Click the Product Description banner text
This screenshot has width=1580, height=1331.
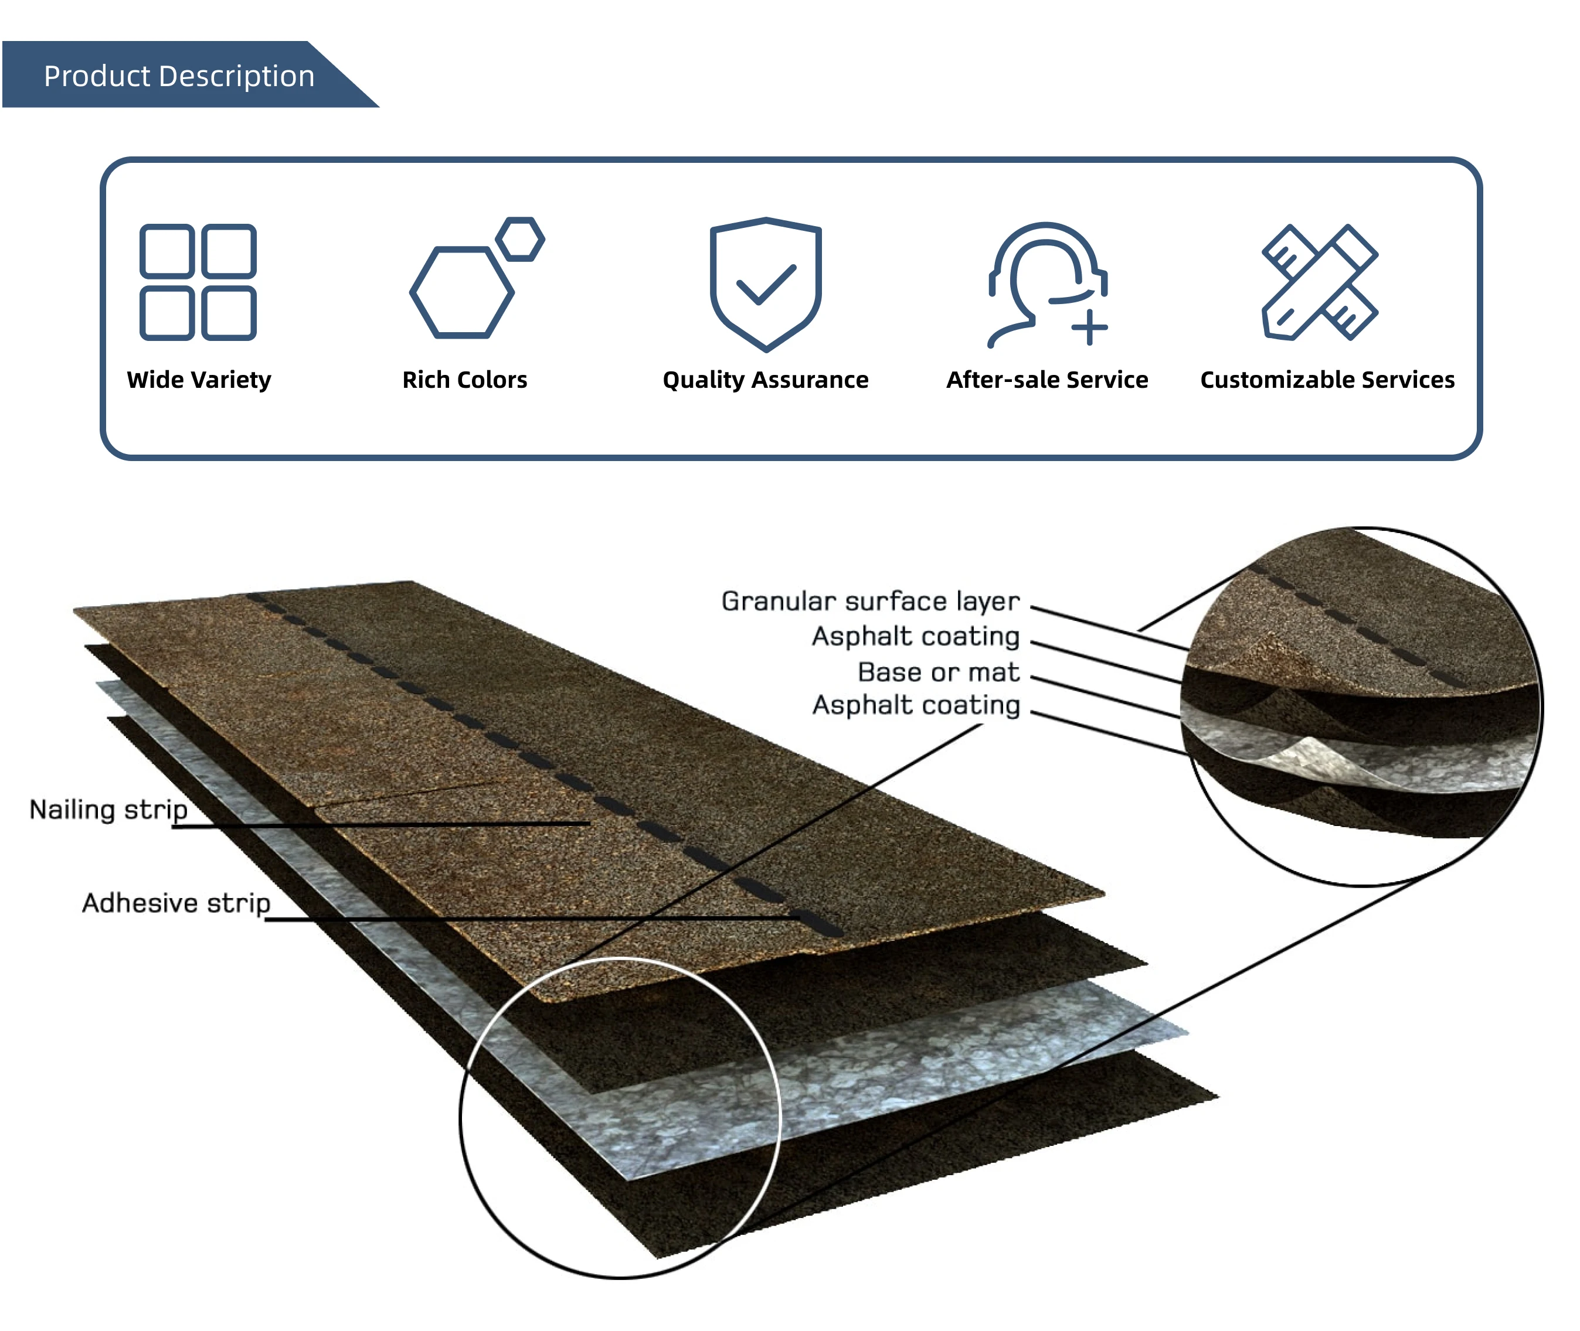coord(179,76)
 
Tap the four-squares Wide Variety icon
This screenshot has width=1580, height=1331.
coord(198,282)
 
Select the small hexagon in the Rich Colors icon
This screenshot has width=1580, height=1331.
coord(520,239)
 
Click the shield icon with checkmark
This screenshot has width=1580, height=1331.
coord(766,283)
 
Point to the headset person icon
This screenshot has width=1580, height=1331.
coord(1047,284)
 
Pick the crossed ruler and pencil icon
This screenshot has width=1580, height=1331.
coord(1320,282)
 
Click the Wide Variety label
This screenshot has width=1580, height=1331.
coord(199,380)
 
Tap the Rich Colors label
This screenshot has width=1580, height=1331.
coord(464,380)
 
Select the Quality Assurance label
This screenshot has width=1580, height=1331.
coord(766,380)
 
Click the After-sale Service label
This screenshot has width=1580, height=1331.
coord(1047,380)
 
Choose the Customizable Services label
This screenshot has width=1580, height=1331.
coord(1327,380)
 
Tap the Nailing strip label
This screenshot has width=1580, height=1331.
coord(108,810)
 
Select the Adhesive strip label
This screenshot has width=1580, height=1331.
coord(176,902)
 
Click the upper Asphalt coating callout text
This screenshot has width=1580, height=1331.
coord(915,636)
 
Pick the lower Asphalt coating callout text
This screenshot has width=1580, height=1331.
coord(915,705)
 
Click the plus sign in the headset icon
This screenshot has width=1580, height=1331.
coord(1089,327)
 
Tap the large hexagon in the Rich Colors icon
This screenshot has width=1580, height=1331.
coord(461,292)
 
